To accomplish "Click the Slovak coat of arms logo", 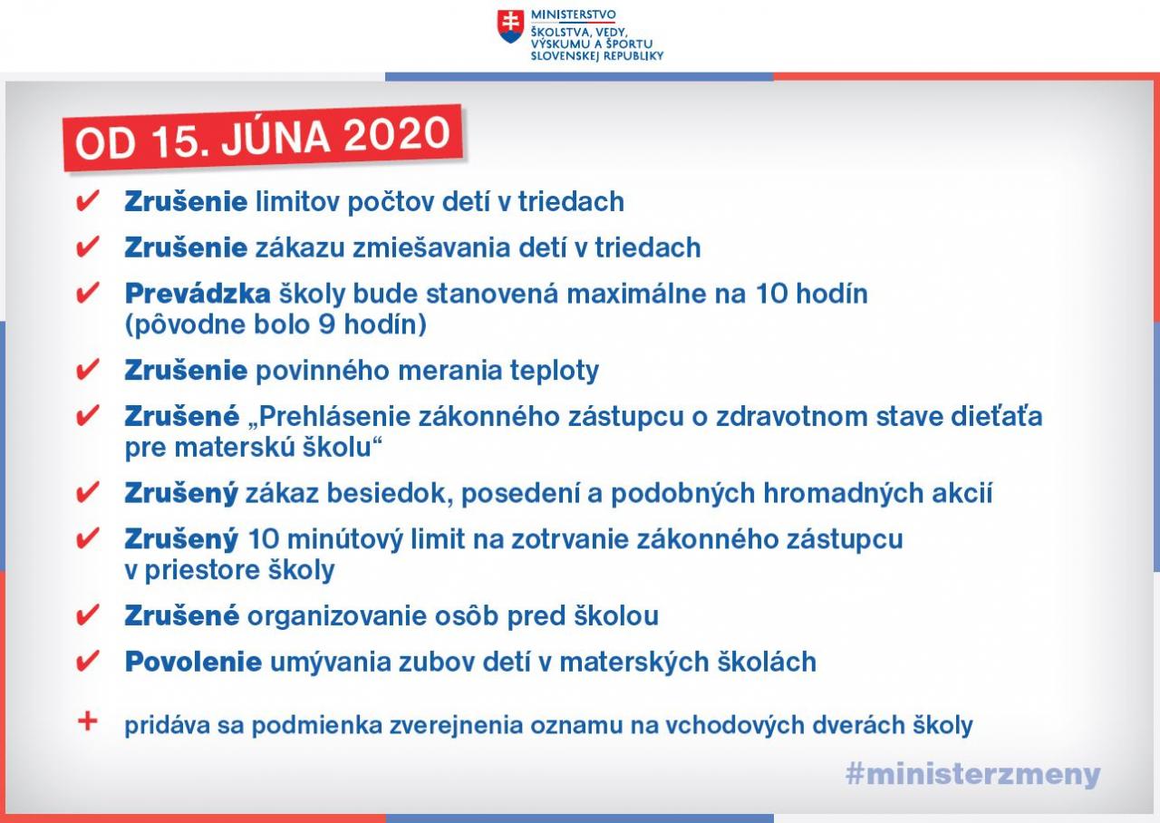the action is tap(510, 26).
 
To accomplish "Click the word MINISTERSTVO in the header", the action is tap(574, 15).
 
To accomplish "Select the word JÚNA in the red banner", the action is tap(276, 138).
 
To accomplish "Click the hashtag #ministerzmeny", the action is tap(972, 775).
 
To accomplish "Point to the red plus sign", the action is tap(88, 721).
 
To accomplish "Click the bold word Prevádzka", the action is tap(198, 294).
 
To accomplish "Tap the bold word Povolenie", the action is tap(193, 662).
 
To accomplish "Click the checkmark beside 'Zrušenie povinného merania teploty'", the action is tap(87, 370).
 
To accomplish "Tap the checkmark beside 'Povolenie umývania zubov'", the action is tap(87, 662).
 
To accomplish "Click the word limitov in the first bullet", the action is tap(297, 201).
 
